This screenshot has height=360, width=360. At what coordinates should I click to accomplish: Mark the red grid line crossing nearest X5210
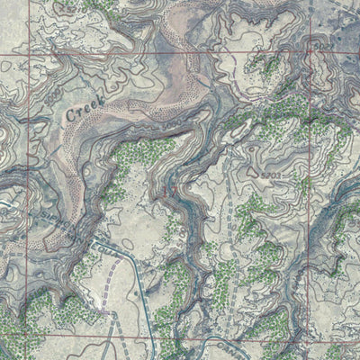(310, 56)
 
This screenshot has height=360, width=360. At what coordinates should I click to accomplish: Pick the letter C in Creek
(71, 115)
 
